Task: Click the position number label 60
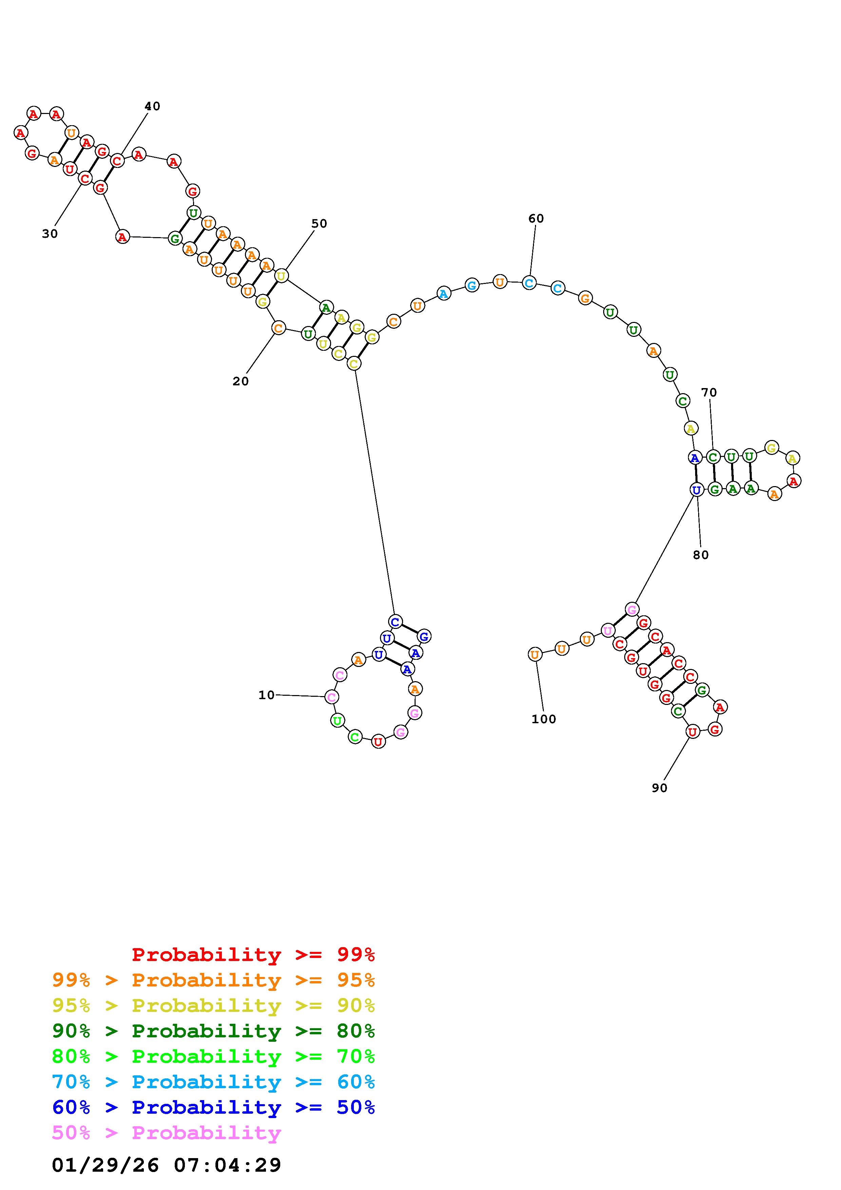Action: pyautogui.click(x=536, y=219)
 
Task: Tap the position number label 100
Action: pyautogui.click(x=543, y=719)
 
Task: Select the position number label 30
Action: pyautogui.click(x=50, y=234)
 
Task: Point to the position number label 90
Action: pyautogui.click(x=659, y=788)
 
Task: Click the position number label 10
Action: pyautogui.click(x=266, y=695)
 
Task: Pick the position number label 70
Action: pyautogui.click(x=709, y=392)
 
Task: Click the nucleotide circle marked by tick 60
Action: pyautogui.click(x=529, y=283)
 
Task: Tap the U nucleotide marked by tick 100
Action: pyautogui.click(x=535, y=655)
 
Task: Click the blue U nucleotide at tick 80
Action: pyautogui.click(x=696, y=489)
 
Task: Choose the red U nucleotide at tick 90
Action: pyautogui.click(x=692, y=732)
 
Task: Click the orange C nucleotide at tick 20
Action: pyautogui.click(x=278, y=328)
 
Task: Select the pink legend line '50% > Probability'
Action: pyautogui.click(x=167, y=1133)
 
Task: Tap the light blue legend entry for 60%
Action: pyautogui.click(x=213, y=1082)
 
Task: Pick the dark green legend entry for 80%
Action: pyautogui.click(x=213, y=1031)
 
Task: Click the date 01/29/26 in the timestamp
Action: pyautogui.click(x=105, y=1165)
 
